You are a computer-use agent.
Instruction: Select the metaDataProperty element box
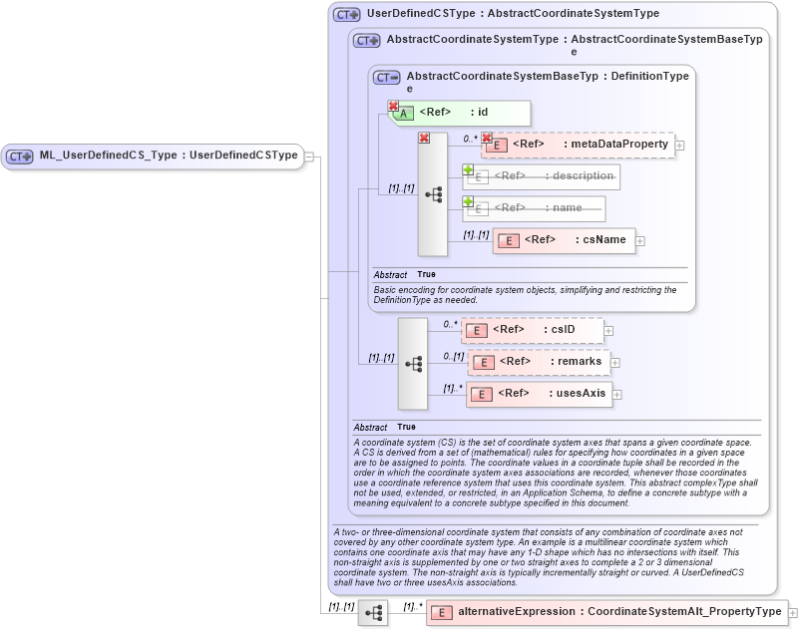click(578, 145)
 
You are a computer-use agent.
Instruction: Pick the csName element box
click(564, 240)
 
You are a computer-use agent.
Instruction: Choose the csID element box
click(532, 330)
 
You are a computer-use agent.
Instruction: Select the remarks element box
click(540, 361)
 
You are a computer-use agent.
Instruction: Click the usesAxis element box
click(540, 394)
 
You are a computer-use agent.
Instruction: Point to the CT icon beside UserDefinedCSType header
click(347, 15)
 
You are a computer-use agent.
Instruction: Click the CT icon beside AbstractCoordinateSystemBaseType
click(386, 77)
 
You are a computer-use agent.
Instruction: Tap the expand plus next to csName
click(640, 240)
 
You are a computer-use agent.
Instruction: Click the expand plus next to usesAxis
click(617, 394)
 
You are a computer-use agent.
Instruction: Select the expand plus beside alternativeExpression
click(793, 612)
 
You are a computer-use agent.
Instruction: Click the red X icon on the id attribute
click(393, 106)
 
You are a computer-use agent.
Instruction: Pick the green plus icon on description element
click(468, 170)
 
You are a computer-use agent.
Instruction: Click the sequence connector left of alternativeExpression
click(373, 613)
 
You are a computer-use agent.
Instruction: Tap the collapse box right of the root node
click(309, 156)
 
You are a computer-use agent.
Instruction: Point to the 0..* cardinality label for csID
click(450, 324)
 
